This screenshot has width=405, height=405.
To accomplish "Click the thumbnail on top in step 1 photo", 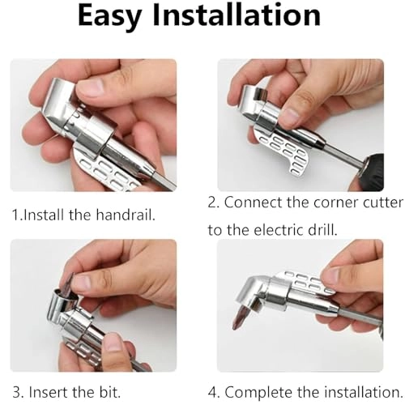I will point(89,88).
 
